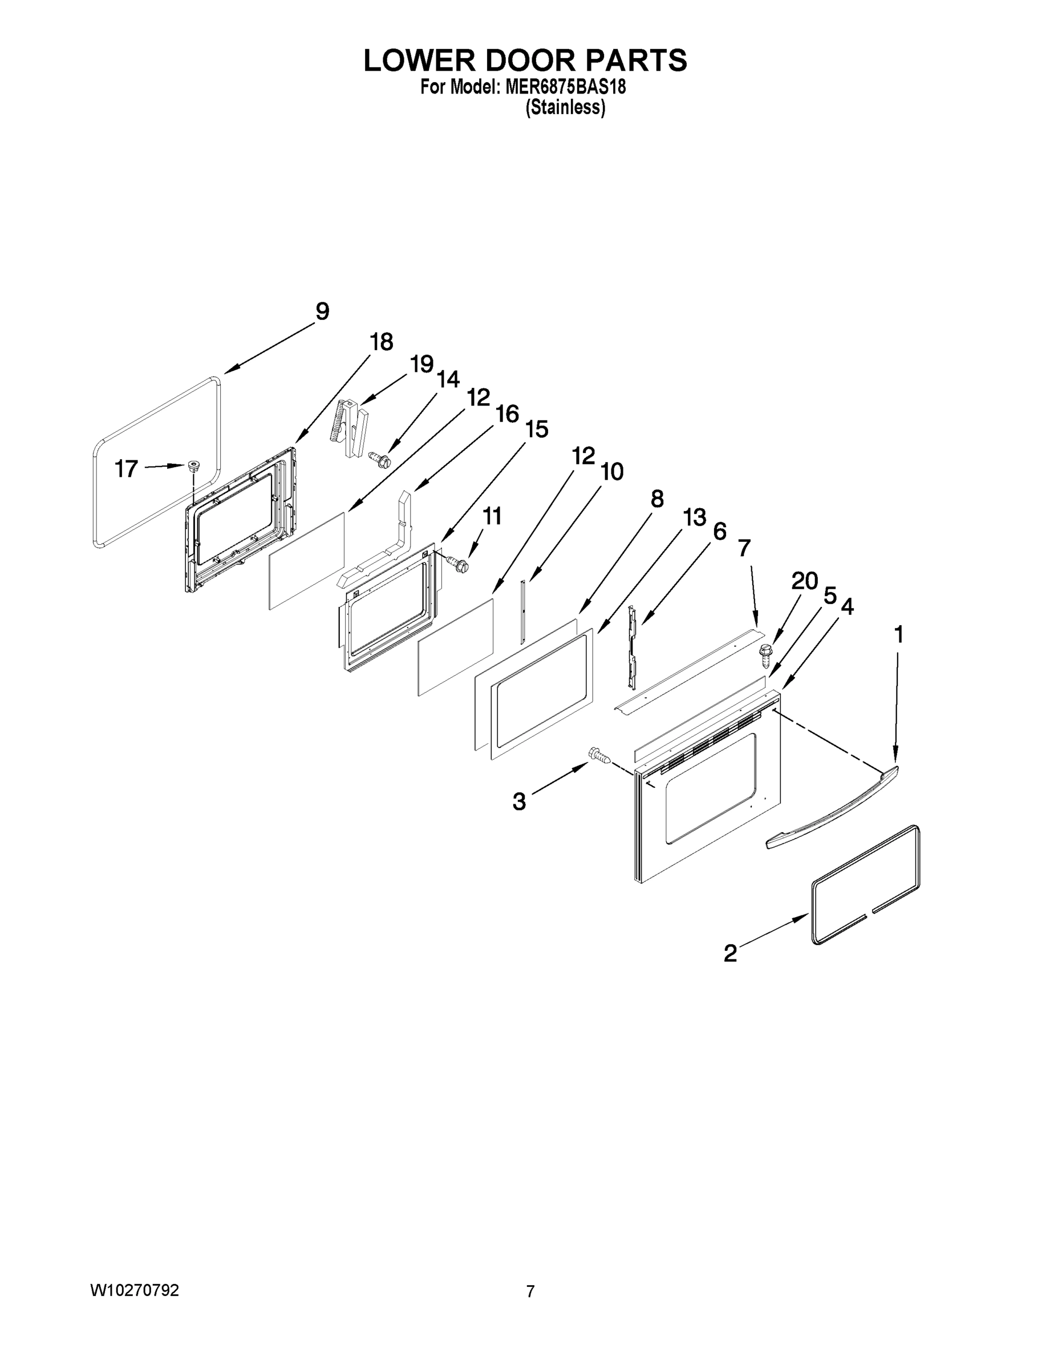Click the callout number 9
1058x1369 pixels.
pos(322,311)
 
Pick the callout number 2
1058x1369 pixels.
pos(730,953)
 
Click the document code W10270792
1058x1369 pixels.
pos(135,1290)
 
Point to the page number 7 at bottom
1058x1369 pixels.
pos(530,1291)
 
